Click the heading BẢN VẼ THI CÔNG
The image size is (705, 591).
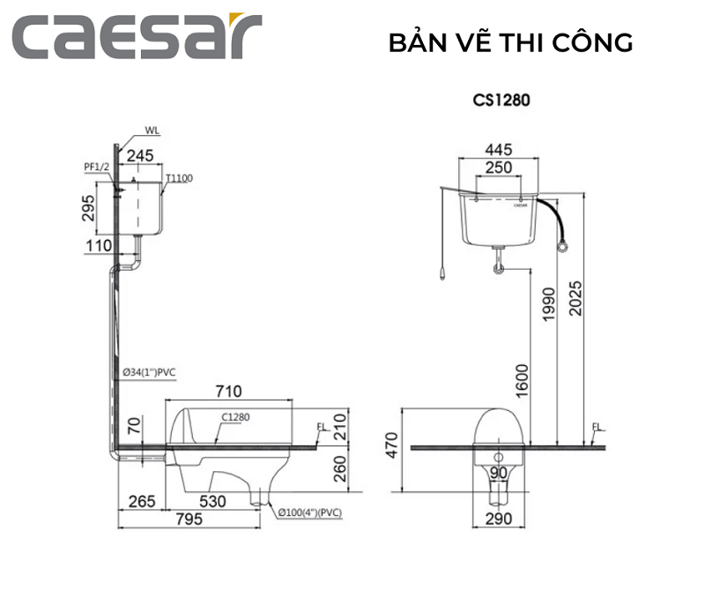click(x=511, y=42)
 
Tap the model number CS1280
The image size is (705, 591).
click(x=501, y=100)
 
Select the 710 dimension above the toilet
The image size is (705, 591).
click(x=228, y=390)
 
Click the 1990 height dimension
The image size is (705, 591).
click(x=546, y=305)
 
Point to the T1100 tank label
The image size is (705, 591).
click(x=179, y=178)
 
